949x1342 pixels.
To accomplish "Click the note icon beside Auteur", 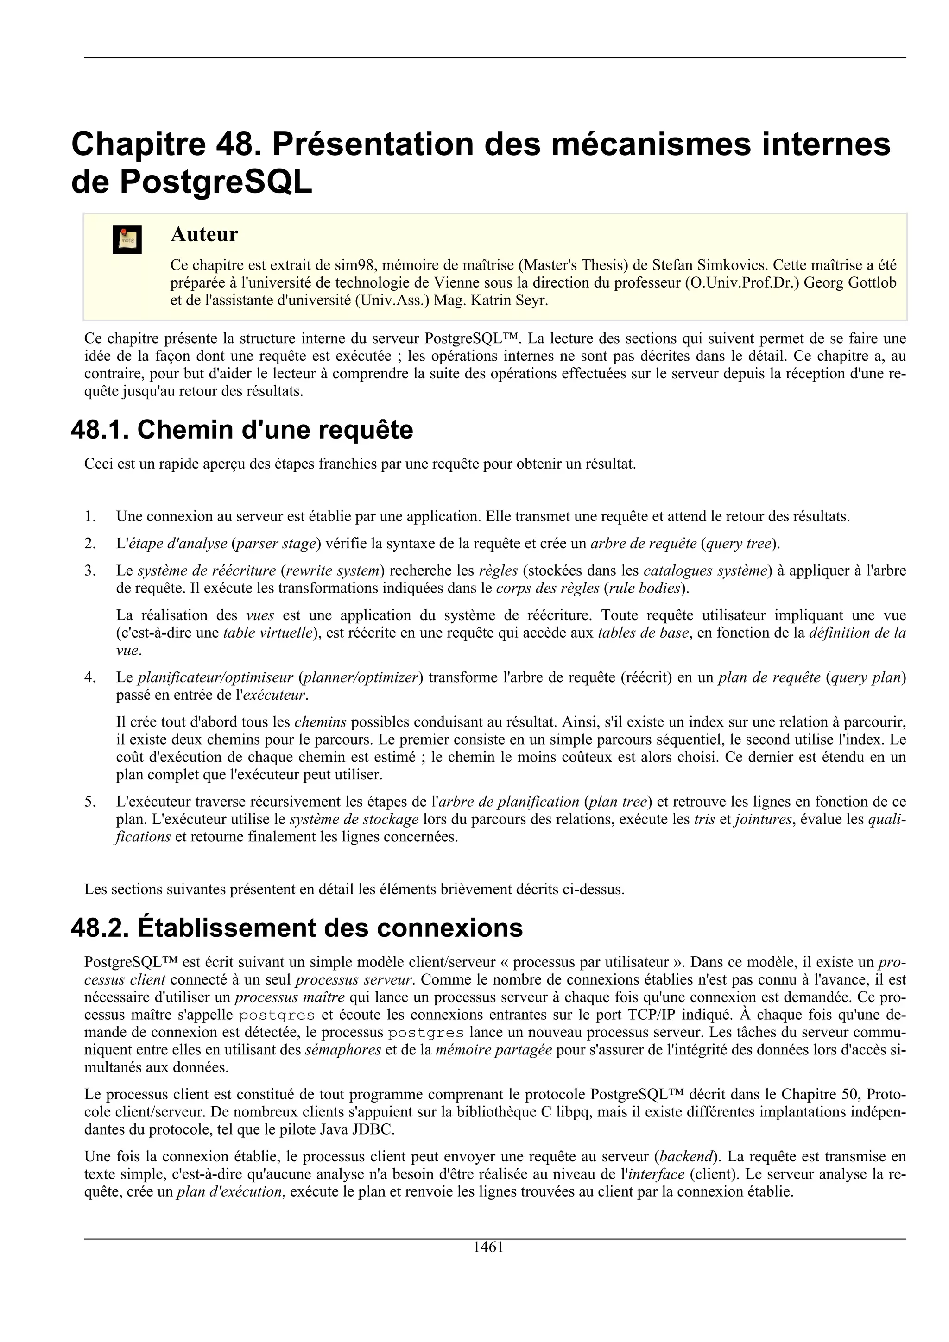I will pyautogui.click(x=127, y=240).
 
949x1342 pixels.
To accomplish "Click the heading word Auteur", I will pyautogui.click(x=204, y=234).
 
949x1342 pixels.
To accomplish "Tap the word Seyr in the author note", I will pyautogui.click(x=532, y=300).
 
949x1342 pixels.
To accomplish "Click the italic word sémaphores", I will pyautogui.click(x=343, y=1050).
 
